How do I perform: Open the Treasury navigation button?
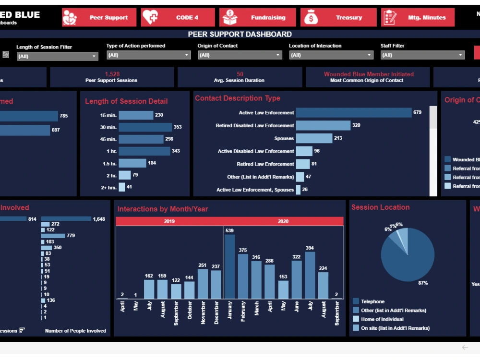[339, 17]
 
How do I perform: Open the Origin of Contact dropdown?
[240, 55]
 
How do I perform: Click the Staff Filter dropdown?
[422, 55]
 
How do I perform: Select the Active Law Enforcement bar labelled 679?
[353, 113]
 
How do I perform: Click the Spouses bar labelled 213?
[314, 138]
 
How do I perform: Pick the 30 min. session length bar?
[145, 127]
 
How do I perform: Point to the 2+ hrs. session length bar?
[122, 187]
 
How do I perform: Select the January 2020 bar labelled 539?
[229, 266]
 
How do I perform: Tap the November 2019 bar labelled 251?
[203, 284]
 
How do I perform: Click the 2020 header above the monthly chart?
[283, 221]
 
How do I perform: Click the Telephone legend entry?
[373, 301]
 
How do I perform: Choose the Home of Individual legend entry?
[382, 319]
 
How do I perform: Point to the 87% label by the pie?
[422, 283]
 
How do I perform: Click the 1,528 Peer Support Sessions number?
[112, 74]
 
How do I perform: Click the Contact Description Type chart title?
[237, 98]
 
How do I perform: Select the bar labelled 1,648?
[66, 218]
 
